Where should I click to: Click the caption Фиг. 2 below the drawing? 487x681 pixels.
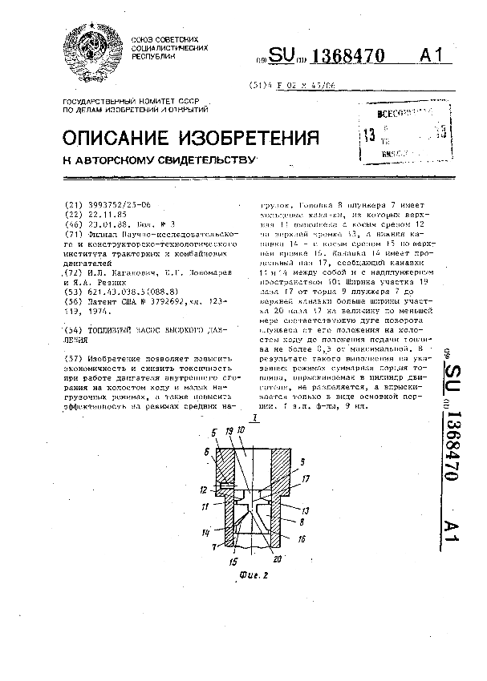(x=253, y=573)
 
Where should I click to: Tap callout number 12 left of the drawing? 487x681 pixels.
(x=205, y=490)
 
